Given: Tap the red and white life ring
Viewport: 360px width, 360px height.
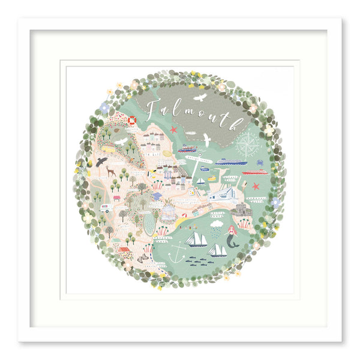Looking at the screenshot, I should (132, 120).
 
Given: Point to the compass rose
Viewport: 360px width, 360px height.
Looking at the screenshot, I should (248, 143).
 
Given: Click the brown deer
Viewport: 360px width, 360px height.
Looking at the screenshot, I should (110, 172).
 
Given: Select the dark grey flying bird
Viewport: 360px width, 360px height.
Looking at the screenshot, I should (101, 161).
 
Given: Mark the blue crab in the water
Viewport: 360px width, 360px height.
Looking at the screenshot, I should (260, 163).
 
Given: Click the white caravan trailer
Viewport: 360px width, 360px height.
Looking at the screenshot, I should (106, 208).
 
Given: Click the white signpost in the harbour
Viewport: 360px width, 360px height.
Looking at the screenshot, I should (199, 160).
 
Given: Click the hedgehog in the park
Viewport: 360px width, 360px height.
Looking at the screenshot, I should (143, 259).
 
